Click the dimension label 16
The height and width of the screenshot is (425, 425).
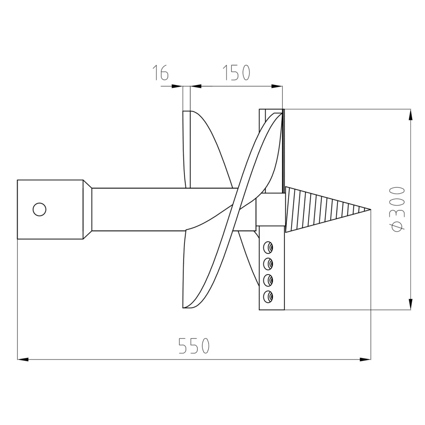tap(161, 73)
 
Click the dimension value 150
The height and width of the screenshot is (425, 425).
tap(236, 73)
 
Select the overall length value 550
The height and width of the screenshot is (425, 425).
tap(194, 346)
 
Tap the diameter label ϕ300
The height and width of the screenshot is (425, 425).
tap(397, 209)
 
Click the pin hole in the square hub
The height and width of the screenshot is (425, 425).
tap(39, 210)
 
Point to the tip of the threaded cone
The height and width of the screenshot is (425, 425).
tap(371, 209)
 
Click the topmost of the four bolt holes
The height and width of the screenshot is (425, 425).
tap(268, 247)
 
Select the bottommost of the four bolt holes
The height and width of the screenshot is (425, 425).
tap(268, 296)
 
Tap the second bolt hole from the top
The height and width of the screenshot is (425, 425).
tap(268, 264)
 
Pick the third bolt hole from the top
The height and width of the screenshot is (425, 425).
tap(268, 280)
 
